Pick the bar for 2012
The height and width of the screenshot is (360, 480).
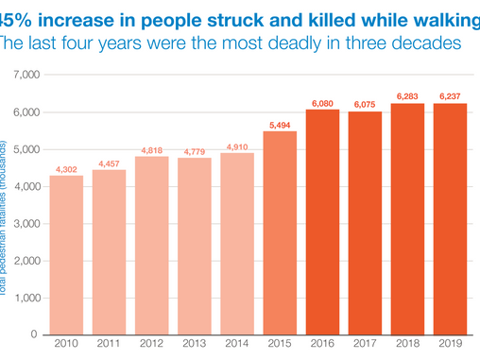pos(151,245)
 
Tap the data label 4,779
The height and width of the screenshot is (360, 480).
pos(196,150)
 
